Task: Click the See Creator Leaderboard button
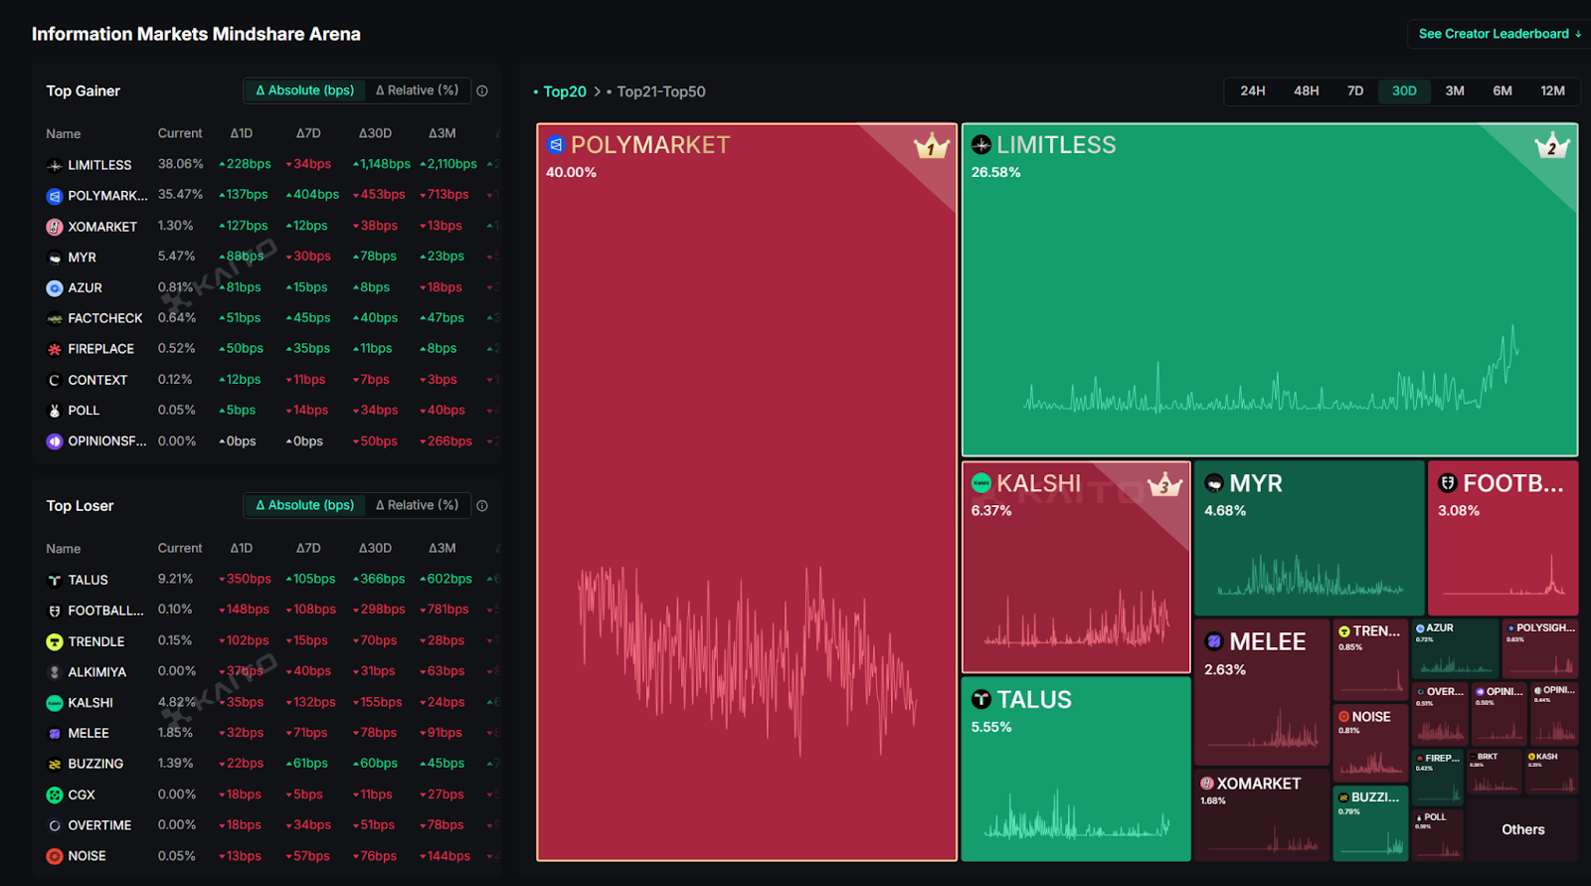pyautogui.click(x=1499, y=34)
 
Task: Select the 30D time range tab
pyautogui.click(x=1404, y=91)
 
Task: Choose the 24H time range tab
pyautogui.click(x=1253, y=91)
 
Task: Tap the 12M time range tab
pyautogui.click(x=1552, y=91)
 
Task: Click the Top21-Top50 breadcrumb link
pyautogui.click(x=660, y=91)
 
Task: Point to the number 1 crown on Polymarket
pyautogui.click(x=932, y=147)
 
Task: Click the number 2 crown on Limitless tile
pyautogui.click(x=1551, y=147)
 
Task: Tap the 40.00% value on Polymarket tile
pyautogui.click(x=571, y=172)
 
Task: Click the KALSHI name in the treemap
pyautogui.click(x=1038, y=483)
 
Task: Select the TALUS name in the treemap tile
pyautogui.click(x=1034, y=700)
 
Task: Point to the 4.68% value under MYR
pyautogui.click(x=1225, y=511)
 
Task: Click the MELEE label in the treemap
pyautogui.click(x=1267, y=642)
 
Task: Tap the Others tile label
pyautogui.click(x=1522, y=829)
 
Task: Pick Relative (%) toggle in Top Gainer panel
pyautogui.click(x=418, y=90)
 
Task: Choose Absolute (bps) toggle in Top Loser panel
pyautogui.click(x=305, y=505)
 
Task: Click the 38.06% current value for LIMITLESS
pyautogui.click(x=180, y=164)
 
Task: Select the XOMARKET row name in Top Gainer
pyautogui.click(x=102, y=227)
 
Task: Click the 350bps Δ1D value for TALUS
pyautogui.click(x=246, y=579)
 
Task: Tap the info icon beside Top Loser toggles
pyautogui.click(x=482, y=505)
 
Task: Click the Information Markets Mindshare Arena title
pyautogui.click(x=196, y=34)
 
